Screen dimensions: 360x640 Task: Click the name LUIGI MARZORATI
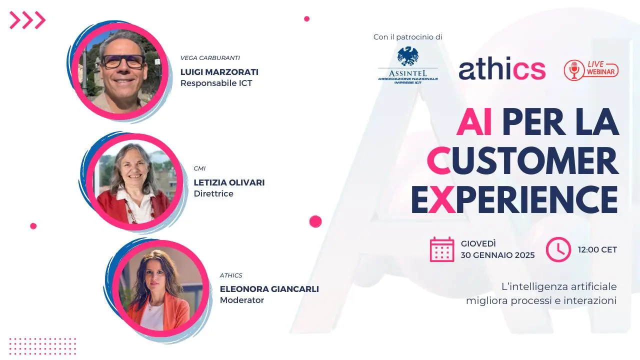[x=219, y=72]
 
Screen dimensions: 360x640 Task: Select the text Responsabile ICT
[x=216, y=83]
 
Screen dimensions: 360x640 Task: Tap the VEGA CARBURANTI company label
[x=210, y=58]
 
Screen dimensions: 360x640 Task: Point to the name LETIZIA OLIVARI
[x=229, y=182]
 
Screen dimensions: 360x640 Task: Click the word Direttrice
[x=213, y=193]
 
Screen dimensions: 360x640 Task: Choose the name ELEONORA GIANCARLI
[x=269, y=289]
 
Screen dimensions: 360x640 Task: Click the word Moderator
[x=242, y=300]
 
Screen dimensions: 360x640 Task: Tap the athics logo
[x=501, y=70]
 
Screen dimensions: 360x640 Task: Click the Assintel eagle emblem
[x=408, y=56]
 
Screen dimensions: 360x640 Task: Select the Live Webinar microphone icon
[x=574, y=70]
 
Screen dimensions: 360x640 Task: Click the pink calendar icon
[x=442, y=249]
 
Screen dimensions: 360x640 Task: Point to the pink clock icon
[x=558, y=249]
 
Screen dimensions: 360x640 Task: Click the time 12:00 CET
[x=597, y=249]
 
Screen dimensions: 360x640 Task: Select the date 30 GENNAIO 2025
[x=497, y=255]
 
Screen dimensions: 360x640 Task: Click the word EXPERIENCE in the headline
[x=514, y=199]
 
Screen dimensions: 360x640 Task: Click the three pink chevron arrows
[x=27, y=20]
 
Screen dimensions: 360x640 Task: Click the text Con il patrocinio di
[x=407, y=37]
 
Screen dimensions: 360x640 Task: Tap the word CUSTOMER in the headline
[x=522, y=161]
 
